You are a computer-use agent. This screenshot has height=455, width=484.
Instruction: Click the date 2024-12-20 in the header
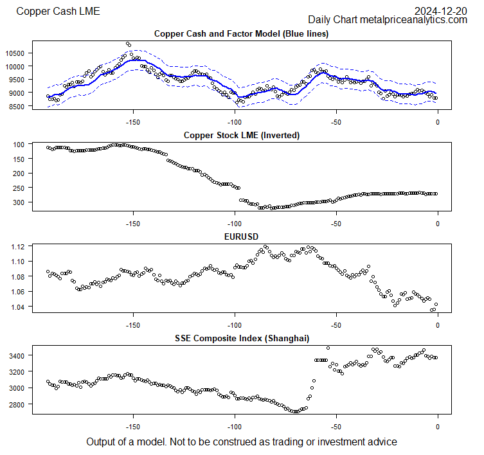[x=440, y=11]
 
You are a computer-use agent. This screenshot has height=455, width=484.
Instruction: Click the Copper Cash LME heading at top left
[x=58, y=11]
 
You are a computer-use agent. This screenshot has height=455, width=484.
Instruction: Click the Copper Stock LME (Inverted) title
[x=241, y=135]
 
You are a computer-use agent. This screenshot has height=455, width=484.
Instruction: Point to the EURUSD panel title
[x=241, y=236]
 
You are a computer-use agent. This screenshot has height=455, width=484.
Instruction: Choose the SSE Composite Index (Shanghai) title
[x=241, y=338]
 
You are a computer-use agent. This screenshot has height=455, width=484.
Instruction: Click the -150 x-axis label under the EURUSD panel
[x=133, y=325]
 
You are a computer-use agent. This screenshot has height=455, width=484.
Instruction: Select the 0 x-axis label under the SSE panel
[x=438, y=427]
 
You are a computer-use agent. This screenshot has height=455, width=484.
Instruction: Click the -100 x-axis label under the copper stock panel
[x=235, y=224]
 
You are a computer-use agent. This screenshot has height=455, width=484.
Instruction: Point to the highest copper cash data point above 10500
[x=128, y=44]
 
